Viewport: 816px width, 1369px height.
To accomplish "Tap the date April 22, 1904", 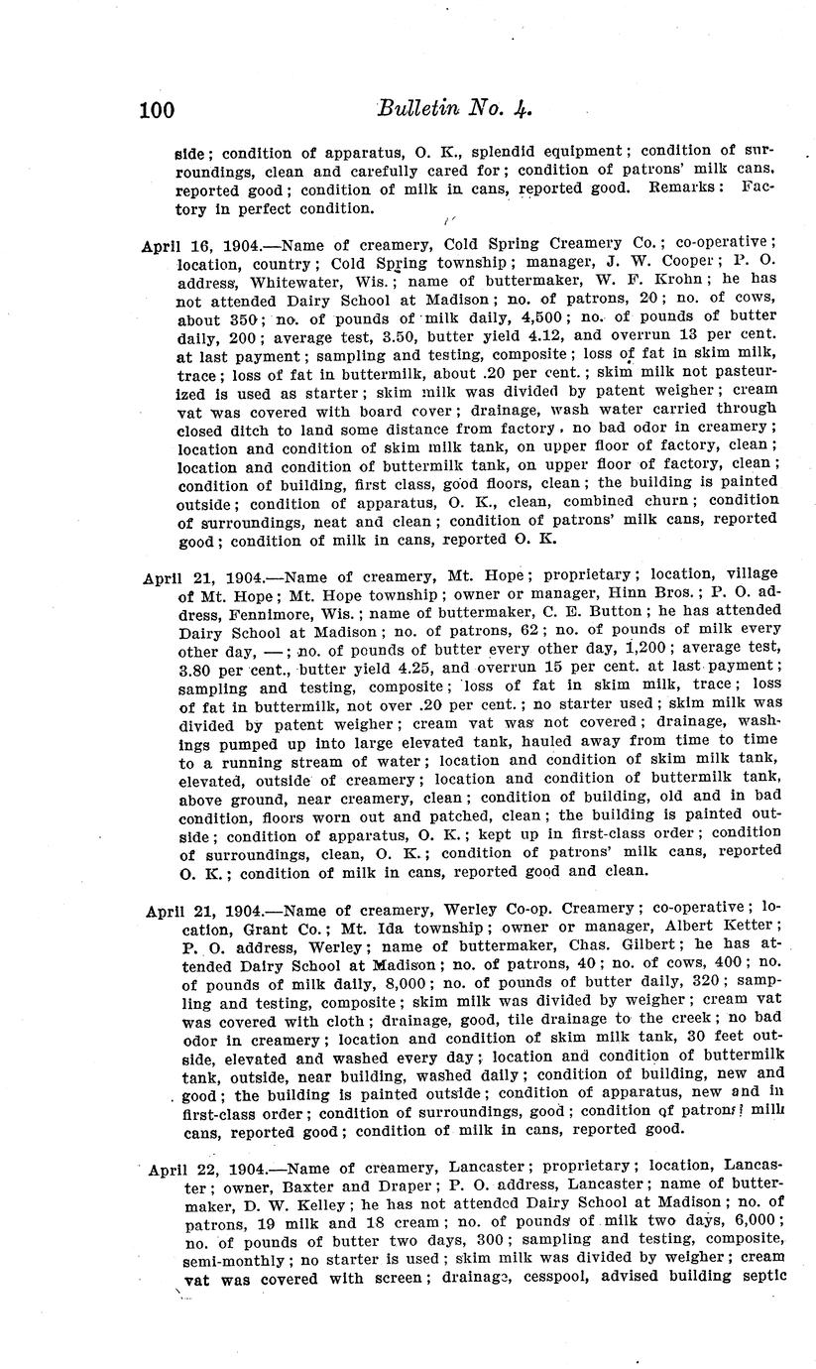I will click(x=202, y=1168).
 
